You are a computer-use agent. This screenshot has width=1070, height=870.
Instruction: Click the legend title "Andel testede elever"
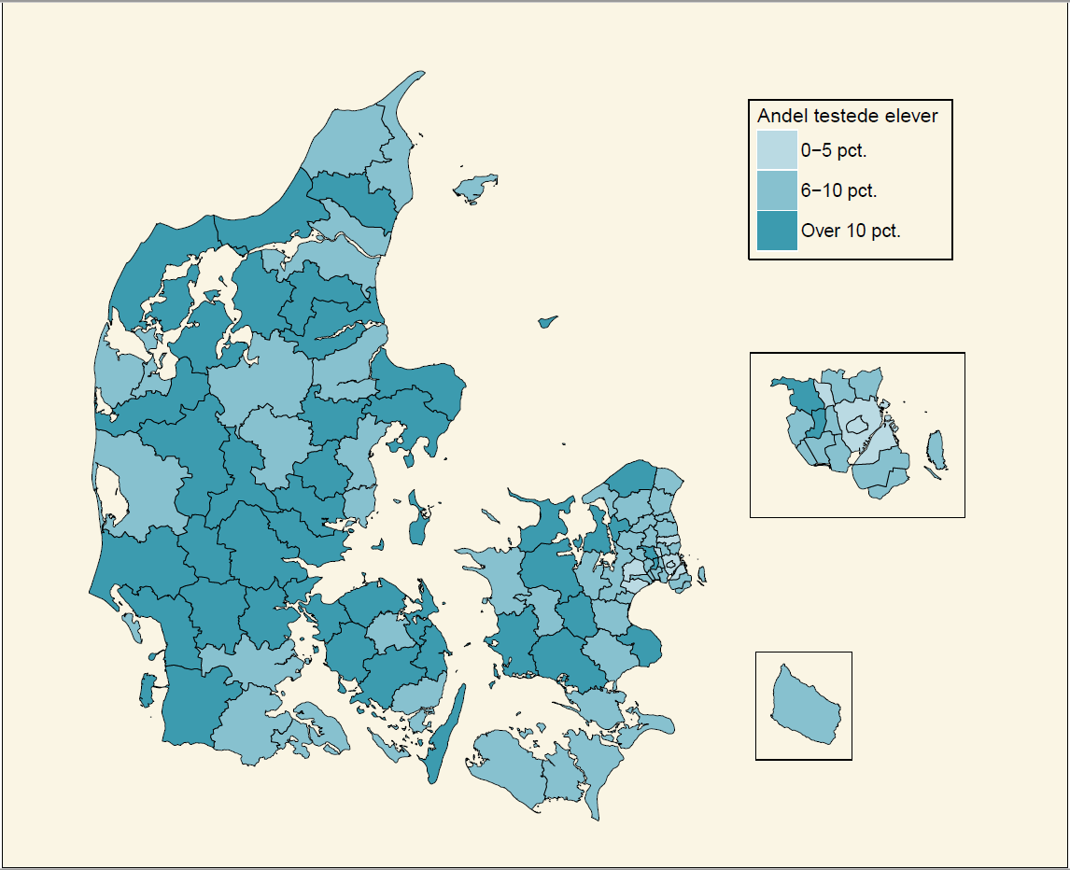(x=847, y=117)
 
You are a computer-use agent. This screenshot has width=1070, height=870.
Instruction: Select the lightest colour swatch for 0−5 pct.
(x=776, y=149)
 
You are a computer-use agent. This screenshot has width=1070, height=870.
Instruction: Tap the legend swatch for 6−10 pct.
(x=776, y=190)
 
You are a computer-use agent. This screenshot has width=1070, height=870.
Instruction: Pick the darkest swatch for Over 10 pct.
(x=776, y=231)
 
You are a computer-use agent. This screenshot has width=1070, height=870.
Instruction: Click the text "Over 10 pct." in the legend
(x=851, y=231)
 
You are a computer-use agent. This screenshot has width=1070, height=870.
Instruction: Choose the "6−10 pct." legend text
(x=838, y=190)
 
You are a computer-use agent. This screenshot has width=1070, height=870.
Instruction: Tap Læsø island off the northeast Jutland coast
(x=474, y=188)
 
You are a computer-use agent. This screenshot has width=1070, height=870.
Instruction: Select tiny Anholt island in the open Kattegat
(x=548, y=322)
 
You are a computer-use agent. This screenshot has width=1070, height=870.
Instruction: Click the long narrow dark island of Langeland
(x=448, y=728)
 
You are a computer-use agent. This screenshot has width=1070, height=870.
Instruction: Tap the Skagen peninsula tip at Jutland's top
(x=408, y=89)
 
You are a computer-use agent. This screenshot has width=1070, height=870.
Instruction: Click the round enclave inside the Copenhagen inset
(x=857, y=426)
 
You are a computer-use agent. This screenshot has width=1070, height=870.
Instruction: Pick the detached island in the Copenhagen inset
(x=936, y=453)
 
